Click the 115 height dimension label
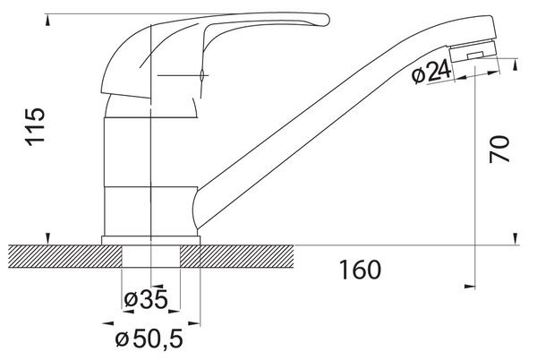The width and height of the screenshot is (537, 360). tap(35, 127)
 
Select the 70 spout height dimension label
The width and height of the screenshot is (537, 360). tap(499, 149)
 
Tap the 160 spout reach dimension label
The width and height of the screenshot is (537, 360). tap(360, 270)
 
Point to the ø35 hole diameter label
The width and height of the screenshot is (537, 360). tap(146, 299)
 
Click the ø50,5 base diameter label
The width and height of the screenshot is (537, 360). tap(149, 339)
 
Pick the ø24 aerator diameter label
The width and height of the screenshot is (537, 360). tap(431, 73)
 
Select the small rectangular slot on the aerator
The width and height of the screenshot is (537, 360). tap(475, 55)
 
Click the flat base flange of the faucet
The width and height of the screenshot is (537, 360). tap(150, 241)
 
